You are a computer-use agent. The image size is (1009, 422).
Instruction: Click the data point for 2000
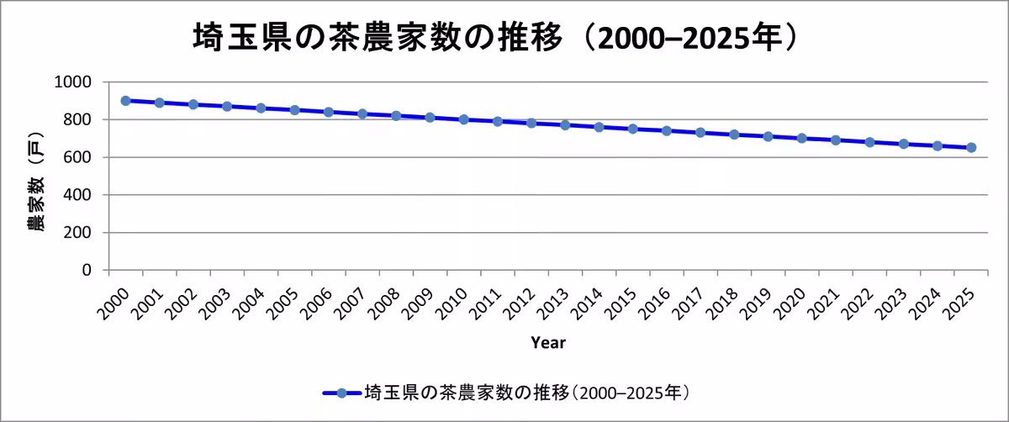pyautogui.click(x=126, y=101)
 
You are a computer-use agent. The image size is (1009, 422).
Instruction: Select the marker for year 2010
pyautogui.click(x=464, y=119)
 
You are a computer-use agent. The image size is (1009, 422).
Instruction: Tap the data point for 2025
pyautogui.click(x=971, y=147)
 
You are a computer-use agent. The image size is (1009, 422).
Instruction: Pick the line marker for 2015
pyautogui.click(x=633, y=129)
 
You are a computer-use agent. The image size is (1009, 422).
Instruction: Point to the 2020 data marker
pyautogui.click(x=802, y=138)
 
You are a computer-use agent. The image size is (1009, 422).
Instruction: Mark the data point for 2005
pyautogui.click(x=295, y=110)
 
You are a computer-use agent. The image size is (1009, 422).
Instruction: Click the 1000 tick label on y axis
pyautogui.click(x=75, y=82)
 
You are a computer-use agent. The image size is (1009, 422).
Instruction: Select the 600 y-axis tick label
pyautogui.click(x=80, y=157)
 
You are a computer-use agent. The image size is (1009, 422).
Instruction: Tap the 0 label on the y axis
pyautogui.click(x=87, y=270)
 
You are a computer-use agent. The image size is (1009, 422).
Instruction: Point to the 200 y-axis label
pyautogui.click(x=80, y=233)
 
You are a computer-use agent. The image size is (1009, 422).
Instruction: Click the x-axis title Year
pyautogui.click(x=548, y=343)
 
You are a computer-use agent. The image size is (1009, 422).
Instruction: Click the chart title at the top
pyautogui.click(x=495, y=38)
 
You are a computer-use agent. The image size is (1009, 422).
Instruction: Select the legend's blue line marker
pyautogui.click(x=341, y=393)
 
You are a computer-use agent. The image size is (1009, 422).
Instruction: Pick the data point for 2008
pyautogui.click(x=396, y=115)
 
